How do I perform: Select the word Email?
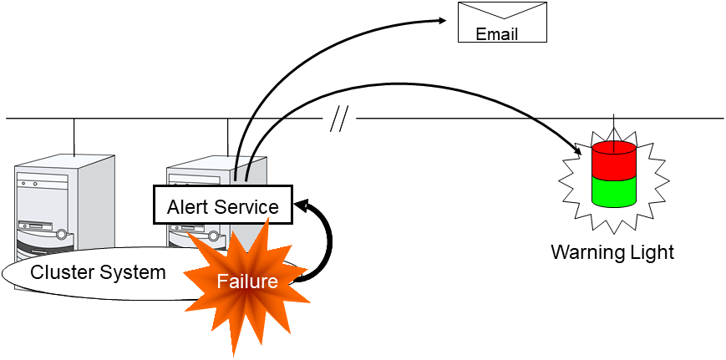[496, 34]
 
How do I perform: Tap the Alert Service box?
[222, 205]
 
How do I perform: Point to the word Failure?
[247, 281]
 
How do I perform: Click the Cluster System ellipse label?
[98, 272]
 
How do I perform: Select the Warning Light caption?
[612, 251]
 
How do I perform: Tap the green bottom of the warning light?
[614, 191]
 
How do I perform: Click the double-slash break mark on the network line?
[338, 119]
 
